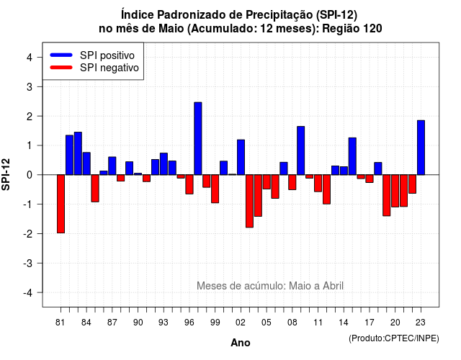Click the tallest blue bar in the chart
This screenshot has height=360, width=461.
click(198, 138)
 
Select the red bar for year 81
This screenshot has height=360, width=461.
click(61, 204)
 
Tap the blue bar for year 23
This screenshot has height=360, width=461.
click(421, 148)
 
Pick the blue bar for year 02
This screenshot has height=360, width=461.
click(241, 157)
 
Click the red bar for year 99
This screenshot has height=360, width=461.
click(215, 189)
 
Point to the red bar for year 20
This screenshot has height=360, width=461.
click(395, 191)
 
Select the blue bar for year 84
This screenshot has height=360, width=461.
click(86, 163)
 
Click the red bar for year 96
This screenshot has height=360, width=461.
click(189, 184)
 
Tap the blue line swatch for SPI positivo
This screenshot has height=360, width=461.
click(61, 55)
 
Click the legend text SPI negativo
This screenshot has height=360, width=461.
click(109, 68)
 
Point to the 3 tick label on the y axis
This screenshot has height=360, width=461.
click(30, 86)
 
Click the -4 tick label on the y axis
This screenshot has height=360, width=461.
click(28, 292)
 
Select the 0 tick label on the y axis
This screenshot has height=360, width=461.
click(30, 175)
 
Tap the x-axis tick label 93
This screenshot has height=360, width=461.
click(164, 323)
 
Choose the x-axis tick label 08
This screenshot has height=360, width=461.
click(292, 323)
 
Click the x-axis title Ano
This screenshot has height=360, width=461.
click(241, 343)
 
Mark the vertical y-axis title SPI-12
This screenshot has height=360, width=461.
click(6, 174)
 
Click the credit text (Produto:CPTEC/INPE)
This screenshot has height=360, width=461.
click(394, 338)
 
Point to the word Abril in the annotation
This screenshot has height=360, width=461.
click(333, 286)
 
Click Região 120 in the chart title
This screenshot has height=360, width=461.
click(352, 29)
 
